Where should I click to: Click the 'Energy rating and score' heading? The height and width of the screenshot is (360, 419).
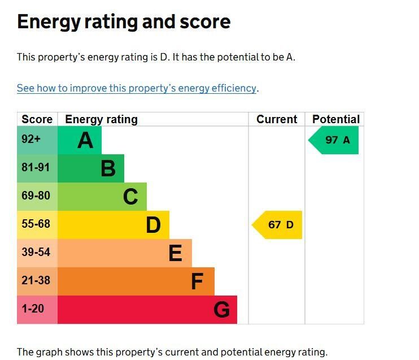pos(124,22)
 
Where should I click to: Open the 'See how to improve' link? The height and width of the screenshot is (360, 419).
pos(137,88)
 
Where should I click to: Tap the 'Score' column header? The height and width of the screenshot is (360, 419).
pos(37,119)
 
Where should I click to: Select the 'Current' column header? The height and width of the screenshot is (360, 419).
pos(277,119)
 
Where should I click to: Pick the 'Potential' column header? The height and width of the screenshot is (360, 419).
pos(336,119)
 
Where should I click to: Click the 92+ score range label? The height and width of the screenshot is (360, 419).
pos(31,139)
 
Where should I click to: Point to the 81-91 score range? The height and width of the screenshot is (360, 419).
pos(36,167)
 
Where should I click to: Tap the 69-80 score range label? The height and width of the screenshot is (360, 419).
pos(36,196)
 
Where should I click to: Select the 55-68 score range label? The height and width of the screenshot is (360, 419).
pos(36,224)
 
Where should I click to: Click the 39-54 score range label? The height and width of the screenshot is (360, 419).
pos(36,252)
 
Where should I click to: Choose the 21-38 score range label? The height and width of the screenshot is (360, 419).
pos(36,280)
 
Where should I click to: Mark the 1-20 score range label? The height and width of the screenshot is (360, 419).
pos(33,309)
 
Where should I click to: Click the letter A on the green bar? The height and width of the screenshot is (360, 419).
pos(85,140)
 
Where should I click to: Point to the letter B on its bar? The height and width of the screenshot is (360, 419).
pos(108,168)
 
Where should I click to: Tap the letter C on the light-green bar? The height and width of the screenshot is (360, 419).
pos(130,197)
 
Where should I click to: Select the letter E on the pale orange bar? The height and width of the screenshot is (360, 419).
pos(175,253)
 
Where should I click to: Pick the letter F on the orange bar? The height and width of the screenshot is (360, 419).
pos(197,281)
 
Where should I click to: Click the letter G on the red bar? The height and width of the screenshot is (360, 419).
pos(221,310)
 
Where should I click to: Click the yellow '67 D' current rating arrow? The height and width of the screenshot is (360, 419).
pos(277,225)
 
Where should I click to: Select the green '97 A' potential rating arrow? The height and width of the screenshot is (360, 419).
pos(333,140)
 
